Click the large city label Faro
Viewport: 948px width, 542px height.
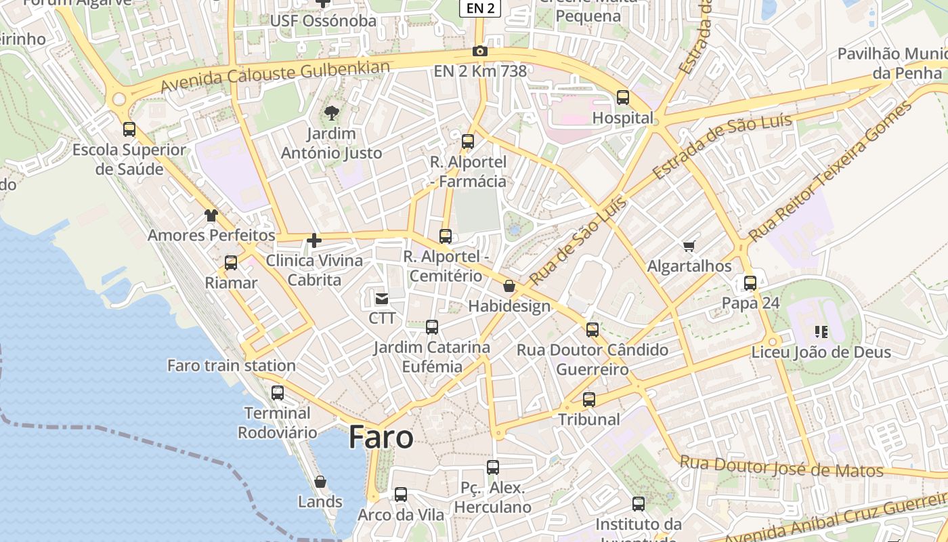(381, 438)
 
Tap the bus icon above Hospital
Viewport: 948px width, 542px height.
(623, 98)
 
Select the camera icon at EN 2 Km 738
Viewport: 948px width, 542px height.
(479, 51)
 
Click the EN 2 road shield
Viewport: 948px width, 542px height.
(480, 8)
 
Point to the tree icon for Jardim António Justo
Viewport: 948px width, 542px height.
(332, 112)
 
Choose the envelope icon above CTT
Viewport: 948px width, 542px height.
(382, 298)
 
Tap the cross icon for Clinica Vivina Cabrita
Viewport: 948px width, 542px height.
(314, 240)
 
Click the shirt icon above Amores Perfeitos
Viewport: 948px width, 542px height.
(211, 215)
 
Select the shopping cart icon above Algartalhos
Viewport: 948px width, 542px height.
(689, 246)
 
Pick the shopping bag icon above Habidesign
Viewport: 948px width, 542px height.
(509, 287)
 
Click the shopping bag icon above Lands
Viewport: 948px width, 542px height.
(320, 482)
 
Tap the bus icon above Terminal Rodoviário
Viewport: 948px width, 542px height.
(278, 392)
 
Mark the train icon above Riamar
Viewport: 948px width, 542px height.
(231, 262)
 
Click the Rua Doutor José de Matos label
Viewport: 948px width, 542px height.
(781, 467)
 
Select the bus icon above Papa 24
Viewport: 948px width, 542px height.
(750, 283)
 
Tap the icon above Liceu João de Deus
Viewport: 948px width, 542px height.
(821, 332)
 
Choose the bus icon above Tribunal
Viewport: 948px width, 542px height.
(589, 400)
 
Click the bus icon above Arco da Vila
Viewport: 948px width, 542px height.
(401, 495)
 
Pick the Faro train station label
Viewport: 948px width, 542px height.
(232, 366)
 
